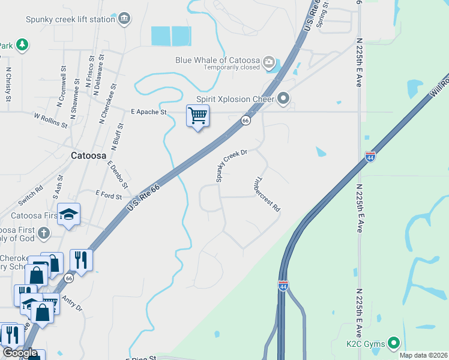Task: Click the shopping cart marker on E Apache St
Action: click(197, 115)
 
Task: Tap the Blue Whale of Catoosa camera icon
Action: click(269, 61)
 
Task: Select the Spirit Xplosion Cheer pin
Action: click(283, 98)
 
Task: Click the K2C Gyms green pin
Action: click(394, 343)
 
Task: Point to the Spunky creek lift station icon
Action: click(124, 19)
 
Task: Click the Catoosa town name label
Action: click(89, 154)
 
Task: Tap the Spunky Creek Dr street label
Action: click(232, 166)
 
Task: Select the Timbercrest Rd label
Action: click(267, 193)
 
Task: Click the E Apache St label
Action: click(148, 112)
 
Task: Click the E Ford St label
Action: click(109, 195)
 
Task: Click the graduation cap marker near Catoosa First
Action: click(69, 215)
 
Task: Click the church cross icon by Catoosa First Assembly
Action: click(43, 232)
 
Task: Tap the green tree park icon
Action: click(22, 45)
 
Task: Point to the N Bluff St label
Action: click(116, 136)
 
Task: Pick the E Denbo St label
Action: click(115, 172)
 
